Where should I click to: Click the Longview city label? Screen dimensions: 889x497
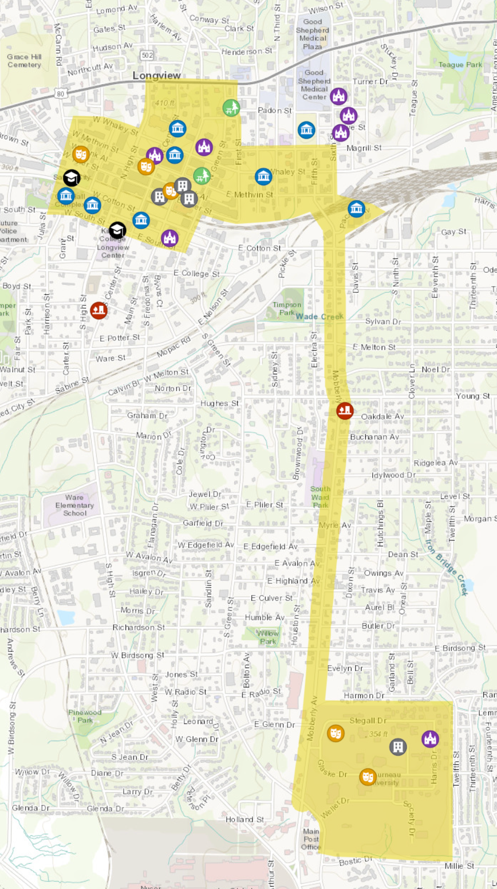coord(156,76)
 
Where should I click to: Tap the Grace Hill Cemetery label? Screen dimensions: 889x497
coord(24,61)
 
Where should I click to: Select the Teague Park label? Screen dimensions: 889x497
coord(460,65)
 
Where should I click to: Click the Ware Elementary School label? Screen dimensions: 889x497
coord(74,505)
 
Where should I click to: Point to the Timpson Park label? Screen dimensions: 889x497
coord(286,308)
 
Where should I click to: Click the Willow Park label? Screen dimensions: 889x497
coord(267,637)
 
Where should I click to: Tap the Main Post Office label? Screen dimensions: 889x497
coord(311,839)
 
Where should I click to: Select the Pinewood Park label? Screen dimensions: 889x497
coord(85,716)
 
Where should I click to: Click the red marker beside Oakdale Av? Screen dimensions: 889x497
coord(345,410)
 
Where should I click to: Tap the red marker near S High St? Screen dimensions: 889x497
coord(98,311)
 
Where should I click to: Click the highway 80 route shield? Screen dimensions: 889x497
coord(61,93)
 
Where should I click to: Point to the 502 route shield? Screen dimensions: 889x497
coord(147,55)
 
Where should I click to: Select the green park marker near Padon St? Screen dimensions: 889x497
coord(231,107)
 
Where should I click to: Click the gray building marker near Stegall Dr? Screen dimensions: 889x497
coord(398,746)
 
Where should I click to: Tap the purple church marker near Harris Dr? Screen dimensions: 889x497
coord(430,739)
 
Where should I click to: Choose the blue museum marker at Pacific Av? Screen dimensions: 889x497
coord(356,208)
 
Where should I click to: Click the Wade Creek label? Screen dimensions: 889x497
coord(319,316)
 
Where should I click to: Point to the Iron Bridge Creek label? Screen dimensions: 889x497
coord(447,567)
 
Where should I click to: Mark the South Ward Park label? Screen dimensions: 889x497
coord(320,497)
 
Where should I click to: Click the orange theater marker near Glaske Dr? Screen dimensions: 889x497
coord(368,777)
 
